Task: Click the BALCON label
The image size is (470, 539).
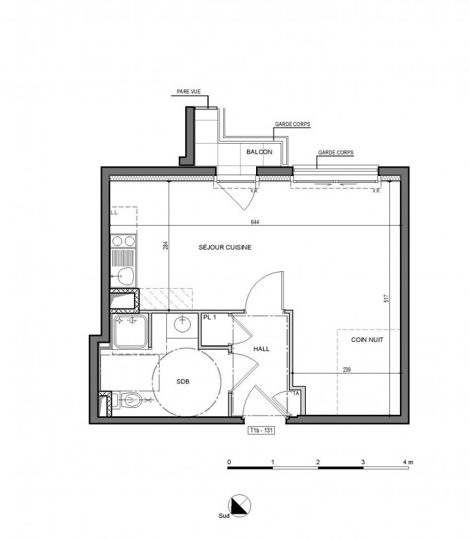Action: [x=259, y=152]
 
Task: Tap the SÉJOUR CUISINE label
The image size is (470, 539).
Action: [x=225, y=247]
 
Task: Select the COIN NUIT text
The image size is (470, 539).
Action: [x=367, y=340]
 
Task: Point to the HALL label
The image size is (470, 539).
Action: [x=262, y=349]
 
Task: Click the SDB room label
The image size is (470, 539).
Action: [x=182, y=381]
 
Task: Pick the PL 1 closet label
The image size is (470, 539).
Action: [x=210, y=318]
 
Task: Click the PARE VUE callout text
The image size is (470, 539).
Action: [x=189, y=92]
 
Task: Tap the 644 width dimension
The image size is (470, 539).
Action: [x=255, y=222]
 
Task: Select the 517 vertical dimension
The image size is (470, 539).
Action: [x=387, y=298]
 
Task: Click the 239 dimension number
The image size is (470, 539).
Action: [x=347, y=370]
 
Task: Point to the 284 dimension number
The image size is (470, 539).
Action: [x=166, y=245]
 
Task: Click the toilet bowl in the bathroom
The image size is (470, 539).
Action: [x=132, y=400]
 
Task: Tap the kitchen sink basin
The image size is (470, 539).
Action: [x=126, y=275]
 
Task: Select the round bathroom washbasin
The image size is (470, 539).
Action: [x=182, y=325]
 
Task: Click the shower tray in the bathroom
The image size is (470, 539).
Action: [x=130, y=332]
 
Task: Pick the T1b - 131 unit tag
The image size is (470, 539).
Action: [x=262, y=430]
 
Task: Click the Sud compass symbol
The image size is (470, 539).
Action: [x=239, y=505]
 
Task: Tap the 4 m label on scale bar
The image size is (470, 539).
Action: [x=408, y=463]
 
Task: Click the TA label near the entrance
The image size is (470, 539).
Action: [x=296, y=394]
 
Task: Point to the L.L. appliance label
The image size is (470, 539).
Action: [x=114, y=213]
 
